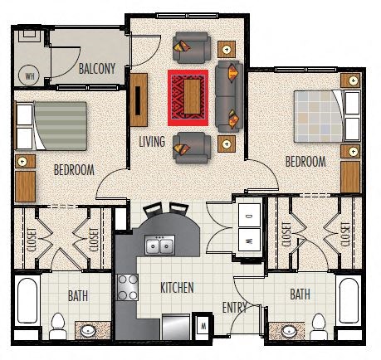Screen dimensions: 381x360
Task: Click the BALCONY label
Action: pyautogui.click(x=97, y=69)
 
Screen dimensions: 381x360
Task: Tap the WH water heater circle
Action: pyautogui.click(x=29, y=75)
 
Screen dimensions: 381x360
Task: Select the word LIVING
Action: pyautogui.click(x=152, y=141)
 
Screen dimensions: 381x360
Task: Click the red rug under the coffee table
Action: pyautogui.click(x=188, y=98)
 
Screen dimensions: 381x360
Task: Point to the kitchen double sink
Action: pyautogui.click(x=160, y=245)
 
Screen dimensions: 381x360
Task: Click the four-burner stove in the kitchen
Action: pyautogui.click(x=127, y=287)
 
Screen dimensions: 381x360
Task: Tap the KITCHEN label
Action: pyautogui.click(x=177, y=288)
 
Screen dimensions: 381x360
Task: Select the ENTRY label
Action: pyautogui.click(x=235, y=307)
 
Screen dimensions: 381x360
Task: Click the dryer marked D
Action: pyautogui.click(x=249, y=216)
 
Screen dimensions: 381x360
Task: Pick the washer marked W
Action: pyautogui.click(x=249, y=240)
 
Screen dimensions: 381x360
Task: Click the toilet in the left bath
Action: pyautogui.click(x=58, y=326)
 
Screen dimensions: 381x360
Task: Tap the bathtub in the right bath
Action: pyautogui.click(x=349, y=301)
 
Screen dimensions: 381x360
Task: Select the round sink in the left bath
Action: pyautogui.click(x=88, y=330)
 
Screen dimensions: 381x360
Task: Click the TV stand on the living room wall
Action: pyautogui.click(x=139, y=100)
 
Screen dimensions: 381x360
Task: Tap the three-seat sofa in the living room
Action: pyautogui.click(x=229, y=96)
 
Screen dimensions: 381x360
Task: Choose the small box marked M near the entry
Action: pyautogui.click(x=203, y=326)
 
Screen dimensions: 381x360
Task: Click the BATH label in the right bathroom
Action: pyautogui.click(x=300, y=294)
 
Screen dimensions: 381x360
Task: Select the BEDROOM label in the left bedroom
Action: pyautogui.click(x=74, y=170)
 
